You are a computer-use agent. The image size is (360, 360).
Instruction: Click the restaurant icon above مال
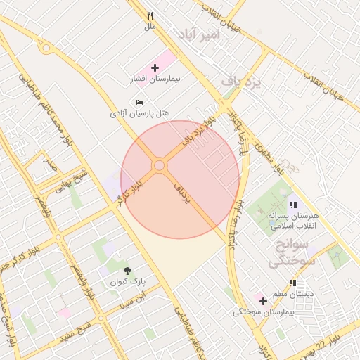(150, 15)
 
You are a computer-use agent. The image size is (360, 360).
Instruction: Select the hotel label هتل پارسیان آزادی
(141, 112)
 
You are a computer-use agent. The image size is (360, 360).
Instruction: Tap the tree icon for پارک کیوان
(127, 270)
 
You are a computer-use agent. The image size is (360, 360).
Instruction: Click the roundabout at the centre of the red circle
(159, 165)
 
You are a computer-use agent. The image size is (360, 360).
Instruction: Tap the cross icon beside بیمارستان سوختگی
(263, 301)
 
